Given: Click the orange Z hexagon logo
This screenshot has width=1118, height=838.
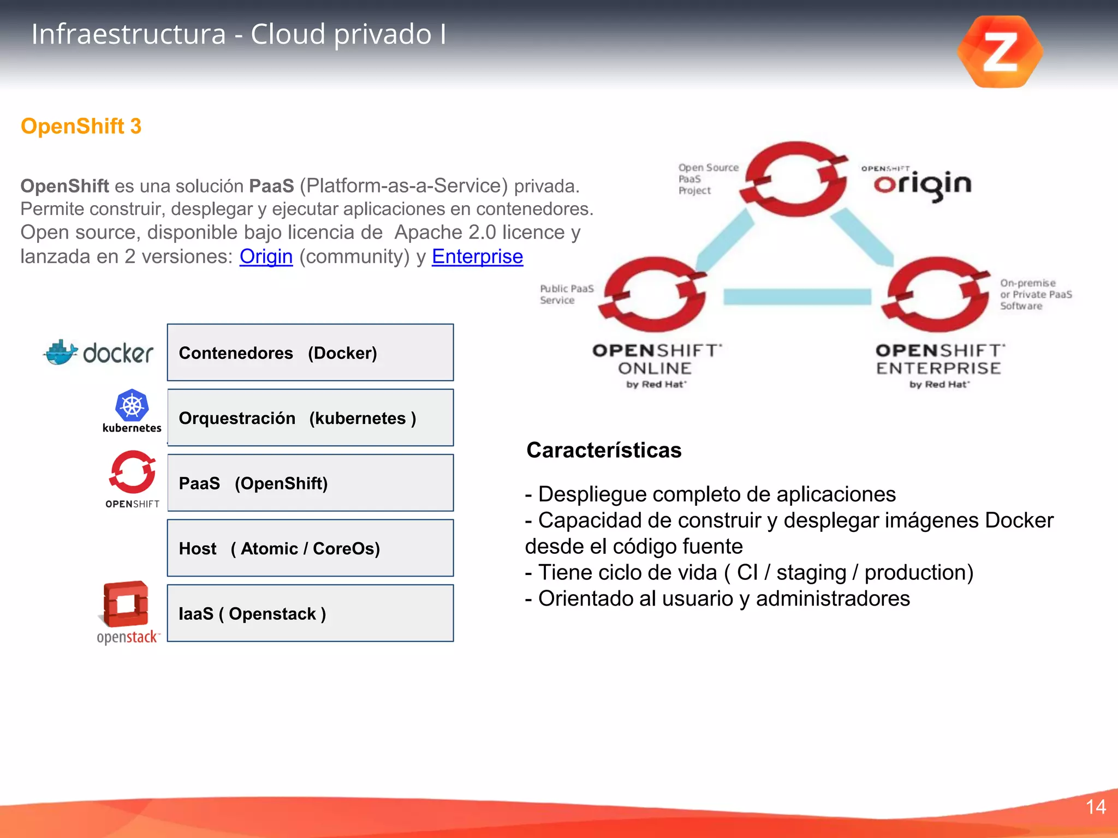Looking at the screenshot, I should (x=1000, y=52).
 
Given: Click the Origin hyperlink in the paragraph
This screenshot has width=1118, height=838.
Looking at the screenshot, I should (x=266, y=256).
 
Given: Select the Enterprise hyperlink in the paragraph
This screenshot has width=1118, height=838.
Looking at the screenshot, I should (x=477, y=256).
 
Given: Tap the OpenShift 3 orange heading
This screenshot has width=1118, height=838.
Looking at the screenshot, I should (x=81, y=126).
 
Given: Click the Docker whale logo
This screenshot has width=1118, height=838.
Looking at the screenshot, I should (x=61, y=353).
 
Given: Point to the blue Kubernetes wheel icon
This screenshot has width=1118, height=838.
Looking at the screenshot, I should (x=132, y=405).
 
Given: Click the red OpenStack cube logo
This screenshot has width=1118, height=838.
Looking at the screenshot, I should (x=126, y=604).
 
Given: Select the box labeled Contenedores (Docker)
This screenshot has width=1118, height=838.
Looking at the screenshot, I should (x=310, y=352).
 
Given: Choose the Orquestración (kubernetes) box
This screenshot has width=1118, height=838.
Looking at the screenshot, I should (x=310, y=418).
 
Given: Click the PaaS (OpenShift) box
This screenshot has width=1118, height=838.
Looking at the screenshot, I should (x=310, y=483).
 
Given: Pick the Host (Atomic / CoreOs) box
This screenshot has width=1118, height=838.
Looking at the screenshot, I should (x=310, y=548).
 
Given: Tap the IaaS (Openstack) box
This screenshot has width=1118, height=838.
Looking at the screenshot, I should (x=310, y=613).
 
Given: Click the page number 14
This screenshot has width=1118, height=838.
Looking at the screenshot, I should (x=1096, y=807).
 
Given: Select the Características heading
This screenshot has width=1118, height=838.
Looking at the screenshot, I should (x=604, y=451).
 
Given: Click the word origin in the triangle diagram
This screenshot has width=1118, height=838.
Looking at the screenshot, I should (x=922, y=184).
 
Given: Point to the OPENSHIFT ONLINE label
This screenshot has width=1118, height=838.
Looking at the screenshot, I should (x=656, y=360).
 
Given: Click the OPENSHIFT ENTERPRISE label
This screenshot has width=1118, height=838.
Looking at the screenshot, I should (x=939, y=360).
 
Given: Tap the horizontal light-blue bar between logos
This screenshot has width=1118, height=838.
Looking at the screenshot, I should (x=797, y=297).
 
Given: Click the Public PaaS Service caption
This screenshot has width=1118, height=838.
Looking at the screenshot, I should (x=566, y=294).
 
